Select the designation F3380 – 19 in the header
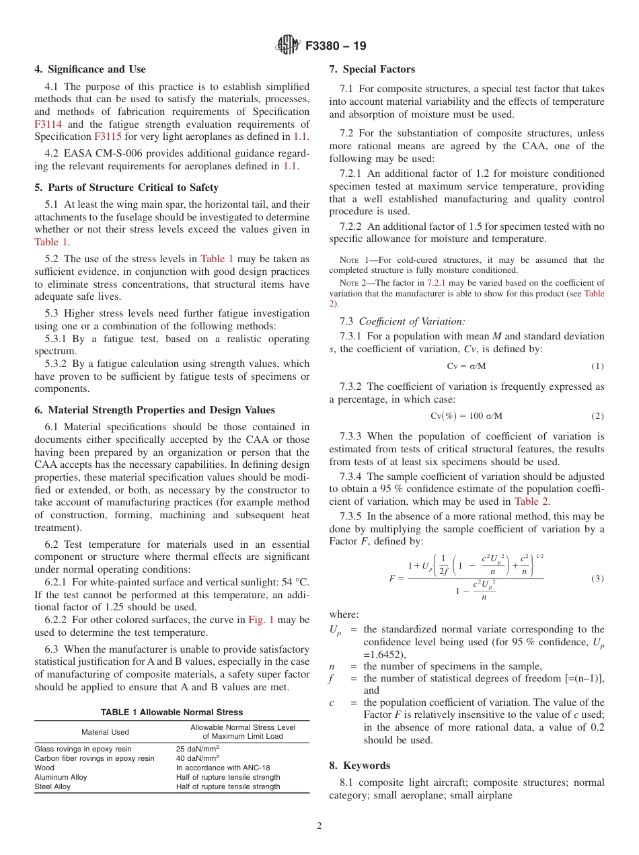[x=336, y=46]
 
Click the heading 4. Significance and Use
[x=90, y=69]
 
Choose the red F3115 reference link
[x=108, y=136]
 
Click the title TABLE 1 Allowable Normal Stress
[x=172, y=712]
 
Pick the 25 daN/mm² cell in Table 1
[x=198, y=749]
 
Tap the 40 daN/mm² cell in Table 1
[x=198, y=758]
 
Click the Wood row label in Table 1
[x=44, y=768]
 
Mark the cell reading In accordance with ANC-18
[x=220, y=768]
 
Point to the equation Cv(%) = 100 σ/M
[x=466, y=415]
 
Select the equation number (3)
[x=597, y=579]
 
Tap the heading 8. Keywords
[x=359, y=766]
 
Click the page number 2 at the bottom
[x=319, y=826]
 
